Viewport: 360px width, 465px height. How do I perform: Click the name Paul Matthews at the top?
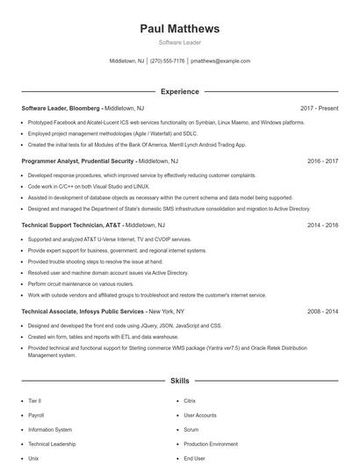coord(179,29)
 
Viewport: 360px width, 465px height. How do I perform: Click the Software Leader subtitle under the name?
coord(179,42)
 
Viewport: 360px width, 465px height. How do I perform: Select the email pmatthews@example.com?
coord(220,61)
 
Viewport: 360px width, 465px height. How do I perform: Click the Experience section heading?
coord(179,91)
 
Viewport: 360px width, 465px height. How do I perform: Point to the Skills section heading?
coord(179,382)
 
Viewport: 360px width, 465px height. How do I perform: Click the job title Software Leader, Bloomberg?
coord(61,108)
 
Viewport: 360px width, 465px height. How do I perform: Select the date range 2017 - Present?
coord(319,108)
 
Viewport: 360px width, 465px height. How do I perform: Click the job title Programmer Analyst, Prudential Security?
coord(77,161)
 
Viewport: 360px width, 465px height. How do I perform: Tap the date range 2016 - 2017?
coord(322,161)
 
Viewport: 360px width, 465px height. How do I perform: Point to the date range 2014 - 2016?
coord(322,225)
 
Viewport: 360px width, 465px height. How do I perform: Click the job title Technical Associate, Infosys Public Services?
coord(83,311)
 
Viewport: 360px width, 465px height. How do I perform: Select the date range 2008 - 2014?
coord(322,311)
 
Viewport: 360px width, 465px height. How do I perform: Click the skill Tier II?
coord(34,401)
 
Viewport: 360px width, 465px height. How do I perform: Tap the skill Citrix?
coord(191,401)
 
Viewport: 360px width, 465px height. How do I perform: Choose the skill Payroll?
coord(36,415)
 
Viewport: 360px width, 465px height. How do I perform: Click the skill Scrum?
coord(191,430)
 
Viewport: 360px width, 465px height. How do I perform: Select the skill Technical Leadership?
coord(53,444)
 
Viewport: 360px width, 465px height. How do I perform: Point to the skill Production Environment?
coord(211,444)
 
